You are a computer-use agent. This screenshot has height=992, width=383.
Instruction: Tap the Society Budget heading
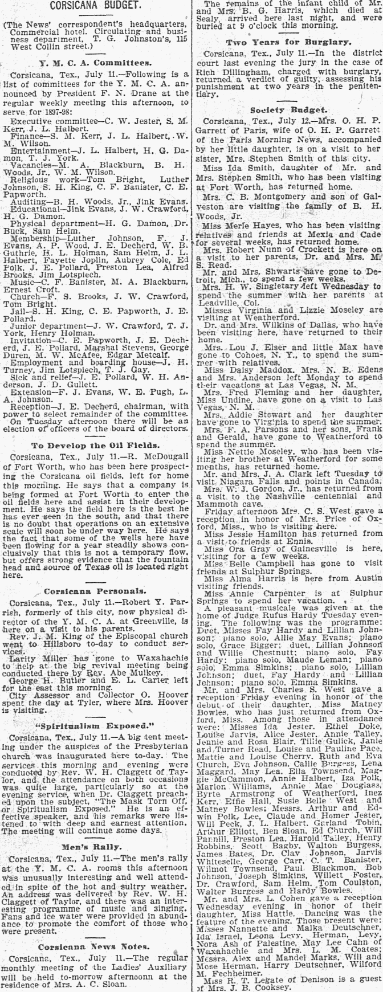point(287,109)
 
